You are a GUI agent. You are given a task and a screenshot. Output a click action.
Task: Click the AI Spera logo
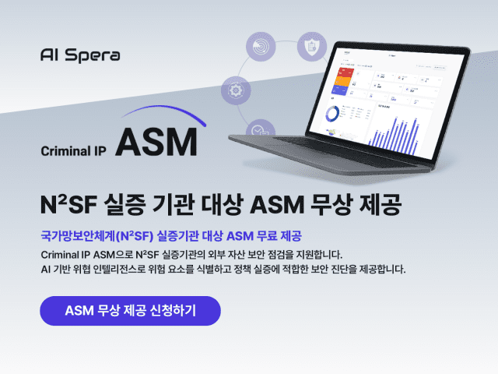tap(79, 56)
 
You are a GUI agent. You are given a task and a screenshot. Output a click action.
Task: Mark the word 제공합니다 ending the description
tap(376, 270)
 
